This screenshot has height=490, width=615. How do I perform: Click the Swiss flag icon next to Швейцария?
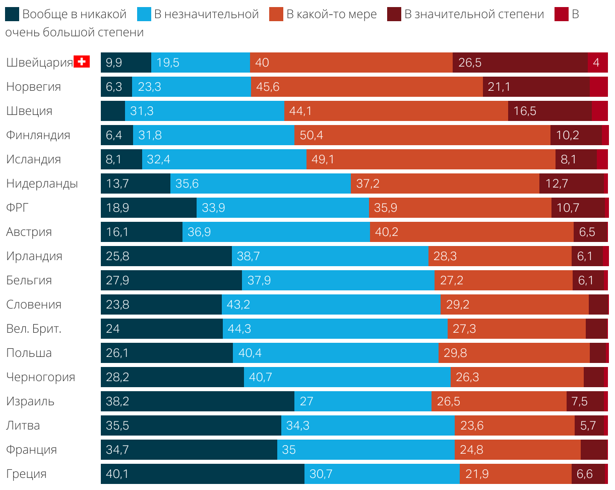point(81,62)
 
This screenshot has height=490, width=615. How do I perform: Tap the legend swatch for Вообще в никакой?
point(12,14)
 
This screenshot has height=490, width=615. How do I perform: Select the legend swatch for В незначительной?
point(144,14)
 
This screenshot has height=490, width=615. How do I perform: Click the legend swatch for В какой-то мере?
point(276,14)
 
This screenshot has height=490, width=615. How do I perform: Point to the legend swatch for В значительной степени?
point(394,14)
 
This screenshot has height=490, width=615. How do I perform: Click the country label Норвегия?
point(33,87)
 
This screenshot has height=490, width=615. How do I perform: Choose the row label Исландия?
point(33,159)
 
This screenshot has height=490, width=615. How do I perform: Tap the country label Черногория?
point(40,377)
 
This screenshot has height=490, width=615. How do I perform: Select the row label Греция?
point(26,474)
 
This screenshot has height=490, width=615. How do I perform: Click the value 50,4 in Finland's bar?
point(311,135)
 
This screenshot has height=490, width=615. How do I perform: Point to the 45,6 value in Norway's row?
point(268,87)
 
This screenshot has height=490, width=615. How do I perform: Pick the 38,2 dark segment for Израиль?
point(197,401)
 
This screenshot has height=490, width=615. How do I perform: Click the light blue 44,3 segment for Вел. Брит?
point(335,329)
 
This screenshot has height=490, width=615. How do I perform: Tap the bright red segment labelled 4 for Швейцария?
point(597,63)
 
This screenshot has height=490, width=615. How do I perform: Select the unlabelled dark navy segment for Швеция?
point(112,111)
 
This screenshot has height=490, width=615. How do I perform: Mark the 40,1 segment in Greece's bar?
point(202,474)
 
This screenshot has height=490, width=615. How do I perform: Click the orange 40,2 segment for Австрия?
point(471,232)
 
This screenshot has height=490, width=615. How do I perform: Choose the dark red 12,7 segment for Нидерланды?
point(571,183)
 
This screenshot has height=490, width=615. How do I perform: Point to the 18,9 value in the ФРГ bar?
point(117,208)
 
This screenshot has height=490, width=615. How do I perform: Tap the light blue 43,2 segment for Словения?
point(331,304)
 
